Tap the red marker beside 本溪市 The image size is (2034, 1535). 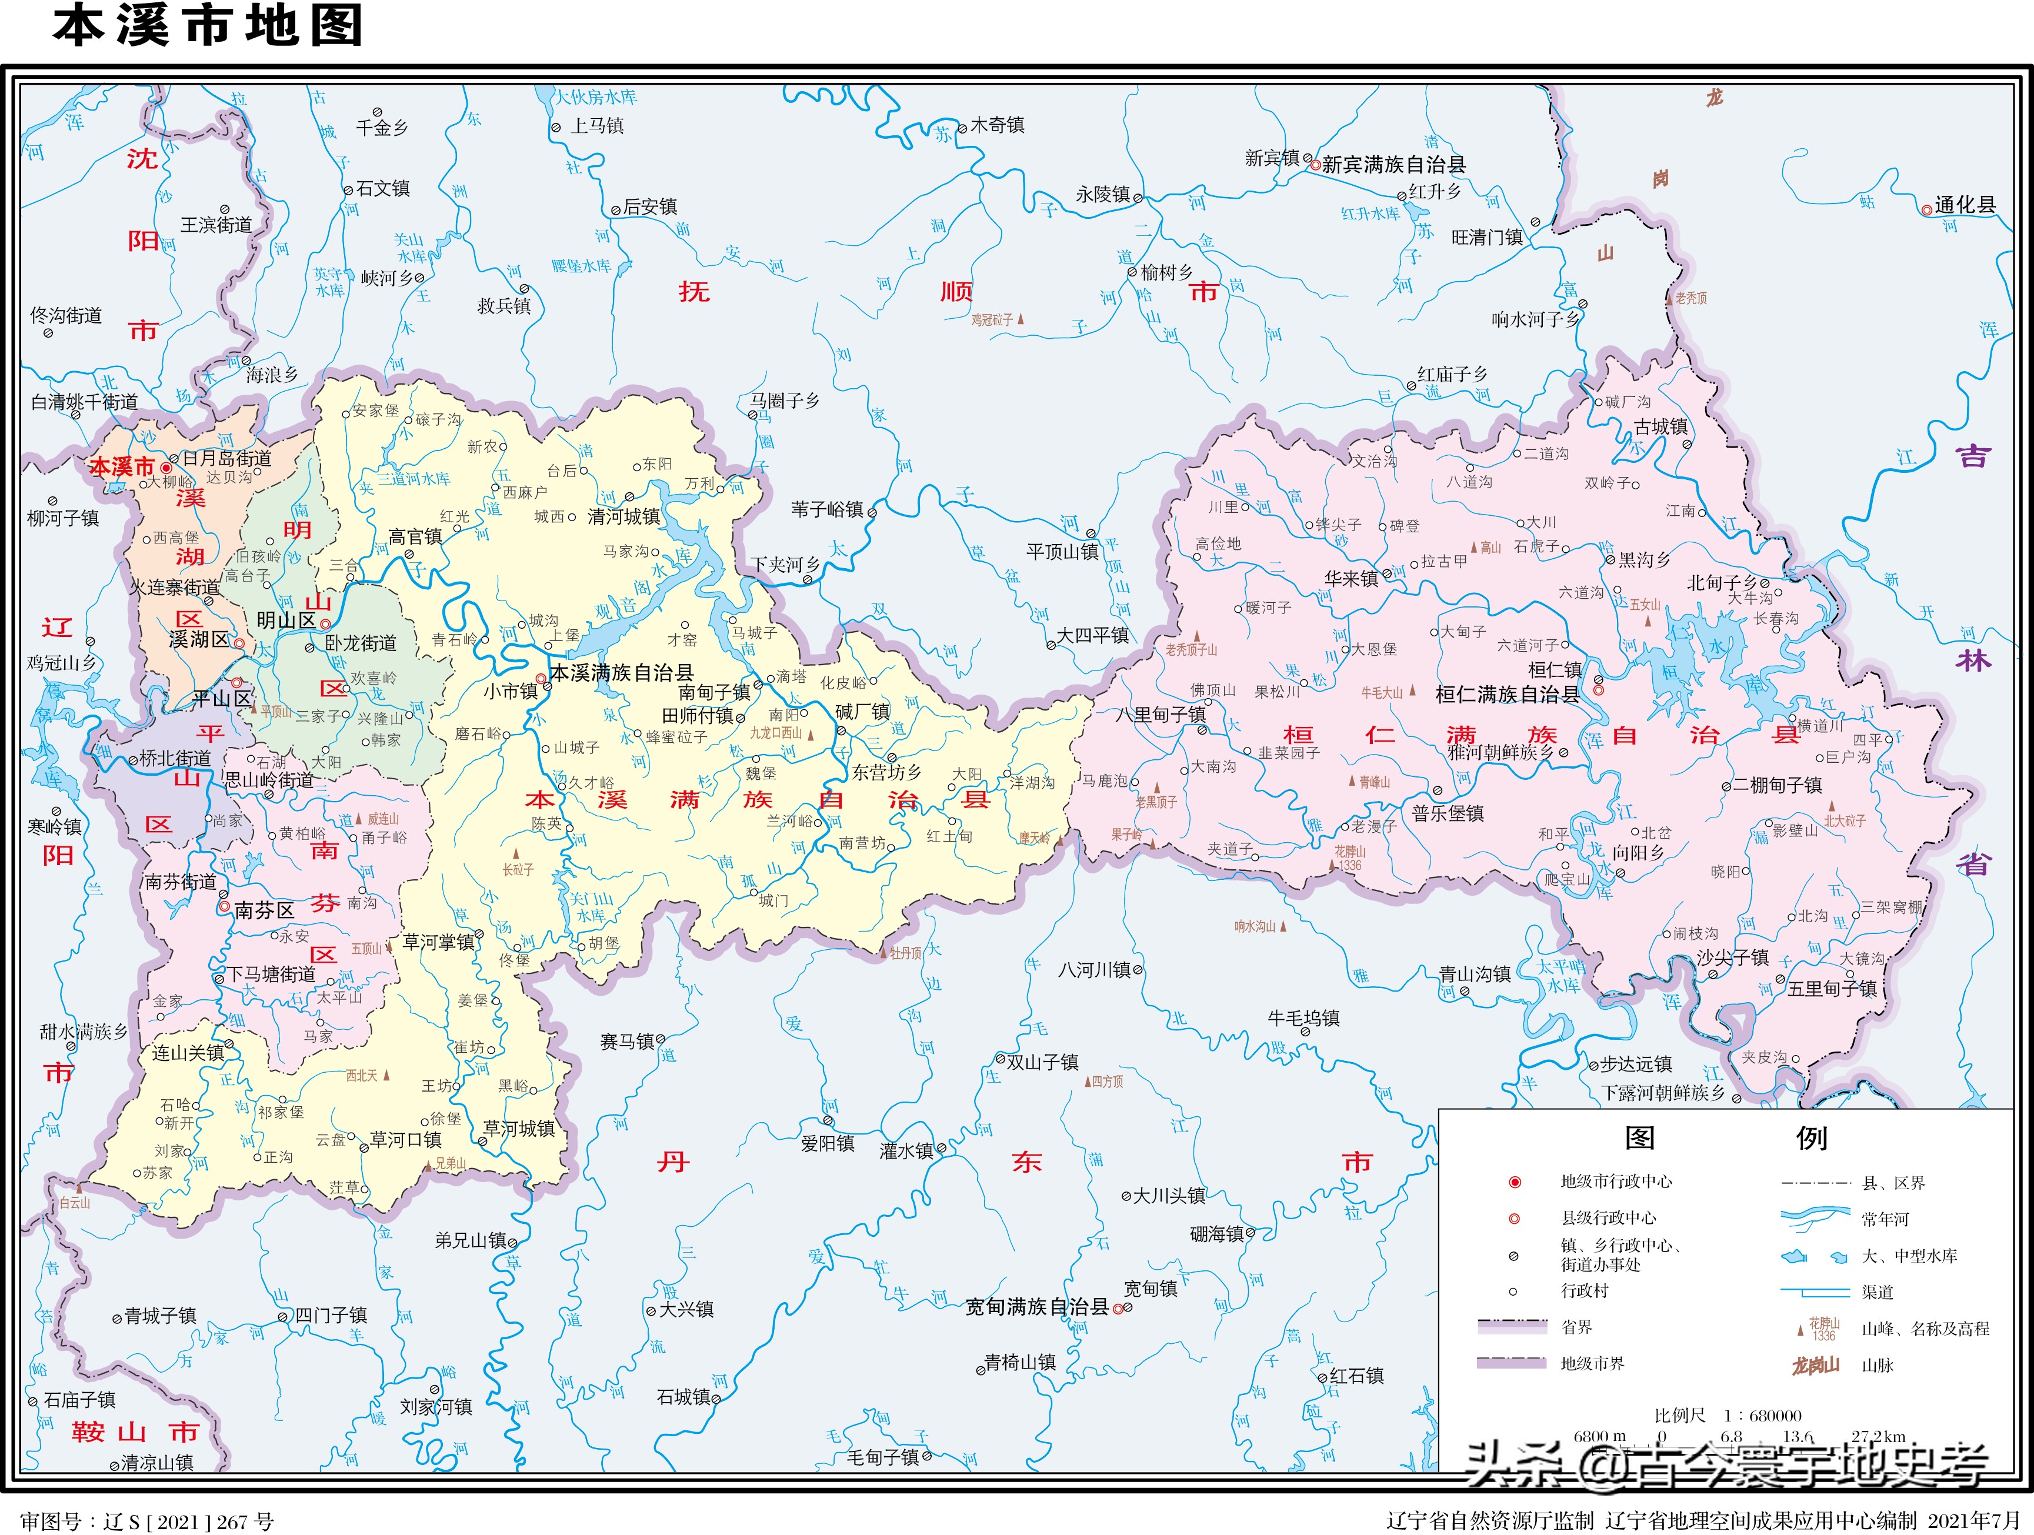point(166,468)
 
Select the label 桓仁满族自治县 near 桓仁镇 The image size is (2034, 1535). point(1507,695)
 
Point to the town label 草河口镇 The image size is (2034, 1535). point(405,1140)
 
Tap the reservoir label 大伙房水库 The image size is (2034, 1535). point(596,96)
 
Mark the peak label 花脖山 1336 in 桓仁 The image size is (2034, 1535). point(1350,857)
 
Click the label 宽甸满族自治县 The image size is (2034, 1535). point(1037,1306)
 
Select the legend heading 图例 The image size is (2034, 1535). point(1725,1138)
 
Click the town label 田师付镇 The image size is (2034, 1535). point(698,715)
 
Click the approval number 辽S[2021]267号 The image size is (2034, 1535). point(147,1521)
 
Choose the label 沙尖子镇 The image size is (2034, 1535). point(1732,958)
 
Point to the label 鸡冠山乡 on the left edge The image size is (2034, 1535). point(61,663)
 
